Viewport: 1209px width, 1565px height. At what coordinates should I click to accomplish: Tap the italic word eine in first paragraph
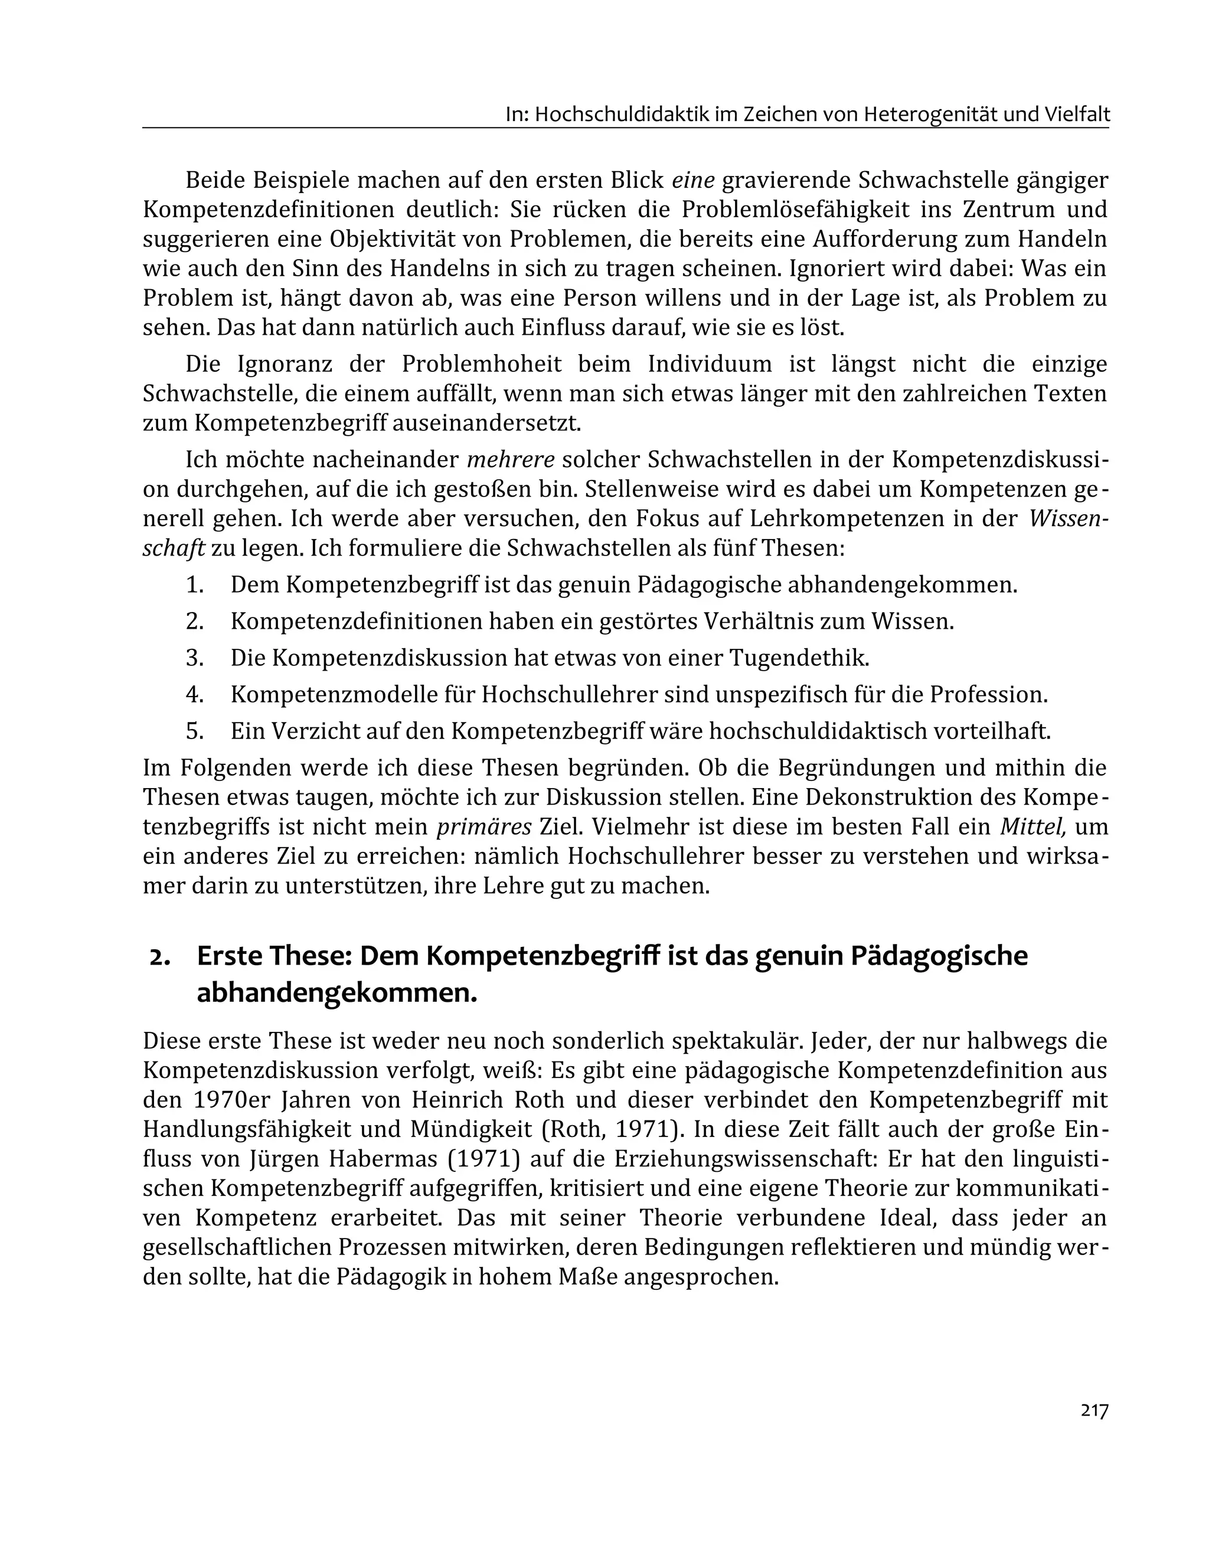pyautogui.click(x=693, y=180)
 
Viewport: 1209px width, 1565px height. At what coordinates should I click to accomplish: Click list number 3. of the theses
pyautogui.click(x=195, y=658)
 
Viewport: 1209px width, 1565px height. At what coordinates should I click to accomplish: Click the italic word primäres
pyautogui.click(x=483, y=827)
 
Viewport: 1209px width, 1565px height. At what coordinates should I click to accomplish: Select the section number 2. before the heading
pyautogui.click(x=160, y=956)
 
